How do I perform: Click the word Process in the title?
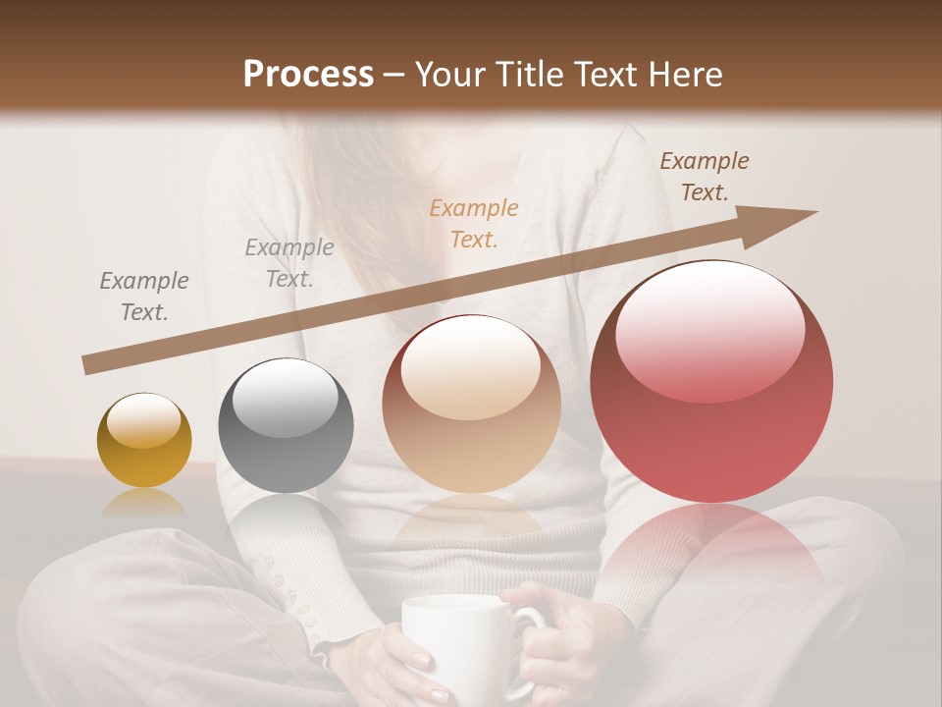[308, 75]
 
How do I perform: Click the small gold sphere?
[144, 440]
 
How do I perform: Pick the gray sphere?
[286, 425]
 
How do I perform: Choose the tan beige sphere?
[471, 404]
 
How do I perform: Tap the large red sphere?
[711, 382]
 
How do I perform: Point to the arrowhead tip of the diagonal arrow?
[814, 212]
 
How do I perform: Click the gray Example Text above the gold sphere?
[144, 297]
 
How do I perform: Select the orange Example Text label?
[474, 223]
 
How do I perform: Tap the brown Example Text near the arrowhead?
[705, 177]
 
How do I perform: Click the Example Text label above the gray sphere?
[289, 263]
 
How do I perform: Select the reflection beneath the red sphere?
[713, 550]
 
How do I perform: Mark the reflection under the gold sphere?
[144, 504]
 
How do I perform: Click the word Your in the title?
[447, 75]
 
